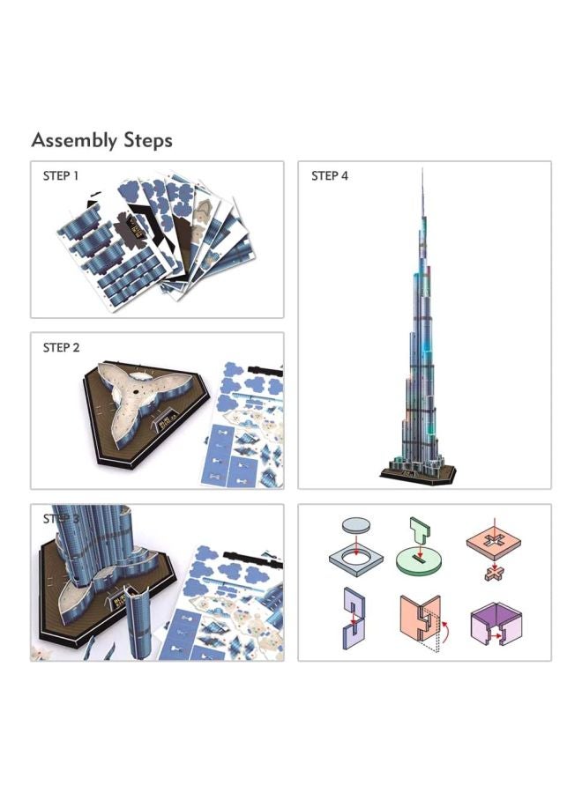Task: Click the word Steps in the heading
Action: tap(147, 140)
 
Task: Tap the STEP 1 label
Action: tap(61, 175)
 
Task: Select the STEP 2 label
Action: tap(61, 347)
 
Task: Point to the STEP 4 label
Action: tap(330, 176)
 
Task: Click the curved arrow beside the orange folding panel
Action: tap(444, 627)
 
